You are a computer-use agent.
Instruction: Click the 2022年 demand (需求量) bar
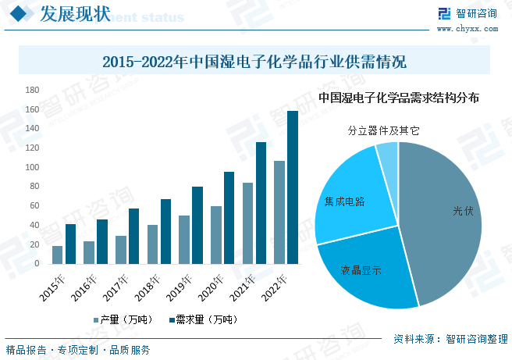(x=293, y=187)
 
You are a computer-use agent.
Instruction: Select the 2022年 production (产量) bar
(x=279, y=212)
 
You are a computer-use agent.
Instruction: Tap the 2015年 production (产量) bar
(x=57, y=255)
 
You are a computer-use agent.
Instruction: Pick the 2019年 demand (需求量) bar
(x=197, y=225)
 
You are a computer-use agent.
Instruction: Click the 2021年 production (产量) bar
(x=247, y=223)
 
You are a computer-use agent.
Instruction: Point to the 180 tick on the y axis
(x=32, y=90)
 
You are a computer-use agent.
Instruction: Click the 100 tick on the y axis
(x=32, y=167)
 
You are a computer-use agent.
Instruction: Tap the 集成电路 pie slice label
(x=345, y=201)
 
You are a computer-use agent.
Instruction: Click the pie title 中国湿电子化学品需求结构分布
(x=399, y=98)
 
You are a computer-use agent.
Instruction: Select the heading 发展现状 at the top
(x=68, y=15)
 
